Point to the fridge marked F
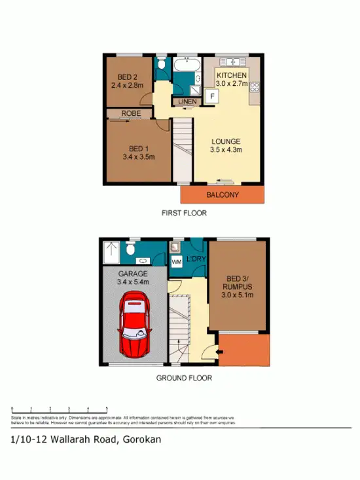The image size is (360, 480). pyautogui.click(x=211, y=96)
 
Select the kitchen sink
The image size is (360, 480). pyautogui.click(x=232, y=62)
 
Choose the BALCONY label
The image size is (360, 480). pyautogui.click(x=223, y=195)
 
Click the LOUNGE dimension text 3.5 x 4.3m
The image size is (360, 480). pyautogui.click(x=226, y=150)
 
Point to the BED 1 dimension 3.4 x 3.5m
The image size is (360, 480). pyautogui.click(x=137, y=157)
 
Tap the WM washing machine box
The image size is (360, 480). pyautogui.click(x=176, y=262)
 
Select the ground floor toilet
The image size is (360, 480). pyautogui.click(x=130, y=249)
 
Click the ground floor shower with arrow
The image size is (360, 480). pyautogui.click(x=111, y=250)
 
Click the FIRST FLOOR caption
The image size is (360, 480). pyautogui.click(x=184, y=213)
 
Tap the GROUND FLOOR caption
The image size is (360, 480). pyautogui.click(x=184, y=378)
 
